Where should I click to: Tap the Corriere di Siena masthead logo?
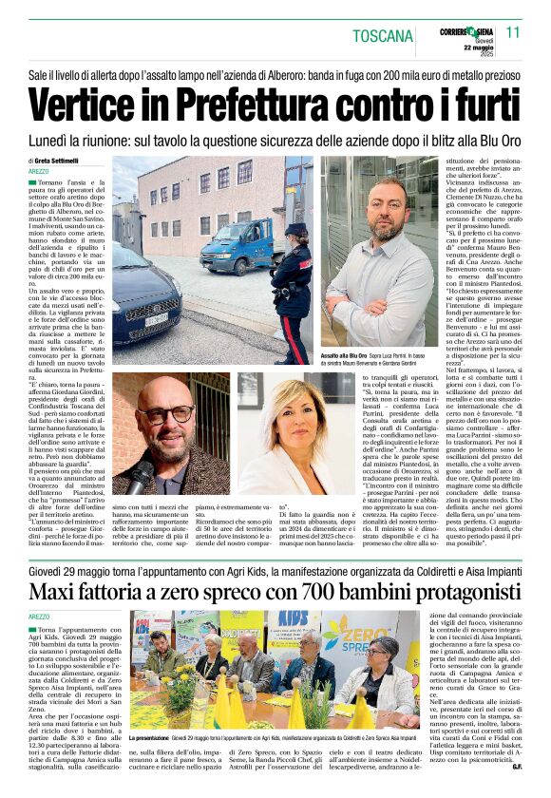465,33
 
